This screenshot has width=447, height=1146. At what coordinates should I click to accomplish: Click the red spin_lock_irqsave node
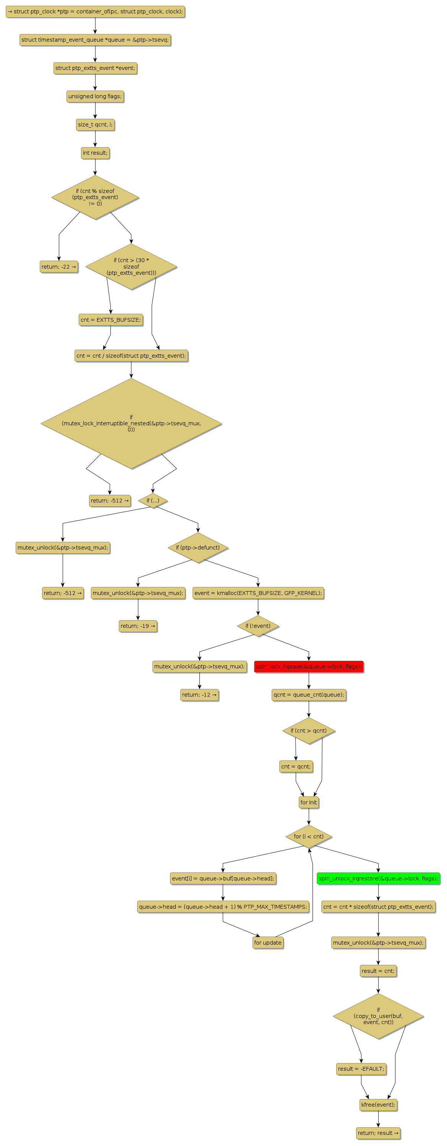(309, 666)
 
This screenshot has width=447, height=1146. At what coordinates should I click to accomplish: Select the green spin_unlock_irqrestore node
(378, 878)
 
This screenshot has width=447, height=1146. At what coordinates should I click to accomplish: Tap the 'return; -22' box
(59, 267)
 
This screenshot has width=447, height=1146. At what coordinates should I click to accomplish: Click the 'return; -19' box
(138, 626)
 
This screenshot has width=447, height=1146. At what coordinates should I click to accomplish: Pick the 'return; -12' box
(199, 694)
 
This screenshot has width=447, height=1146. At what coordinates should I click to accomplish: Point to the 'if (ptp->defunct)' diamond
(198, 548)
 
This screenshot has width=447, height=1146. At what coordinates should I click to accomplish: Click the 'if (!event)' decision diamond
(258, 626)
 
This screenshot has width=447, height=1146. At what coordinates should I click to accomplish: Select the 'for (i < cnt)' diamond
(309, 836)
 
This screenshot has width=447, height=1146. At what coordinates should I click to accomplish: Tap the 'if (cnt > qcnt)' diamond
(309, 731)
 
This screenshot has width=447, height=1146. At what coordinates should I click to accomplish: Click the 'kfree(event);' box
(378, 1105)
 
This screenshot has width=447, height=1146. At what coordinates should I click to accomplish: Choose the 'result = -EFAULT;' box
(361, 1068)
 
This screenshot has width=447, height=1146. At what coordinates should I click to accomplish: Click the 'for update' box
(268, 942)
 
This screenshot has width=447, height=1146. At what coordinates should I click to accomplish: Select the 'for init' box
(309, 802)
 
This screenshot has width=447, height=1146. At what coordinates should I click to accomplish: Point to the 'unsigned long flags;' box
(95, 97)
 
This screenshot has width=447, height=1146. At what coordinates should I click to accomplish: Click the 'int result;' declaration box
(95, 153)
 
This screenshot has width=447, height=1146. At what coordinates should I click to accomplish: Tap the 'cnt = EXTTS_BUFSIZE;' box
(111, 320)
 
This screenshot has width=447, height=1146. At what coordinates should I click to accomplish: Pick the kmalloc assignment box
(258, 593)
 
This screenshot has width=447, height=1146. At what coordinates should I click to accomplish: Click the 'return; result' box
(378, 1133)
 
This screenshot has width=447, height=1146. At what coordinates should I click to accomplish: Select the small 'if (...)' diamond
(152, 501)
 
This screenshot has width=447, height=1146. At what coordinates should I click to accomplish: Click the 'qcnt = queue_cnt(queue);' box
(309, 694)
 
